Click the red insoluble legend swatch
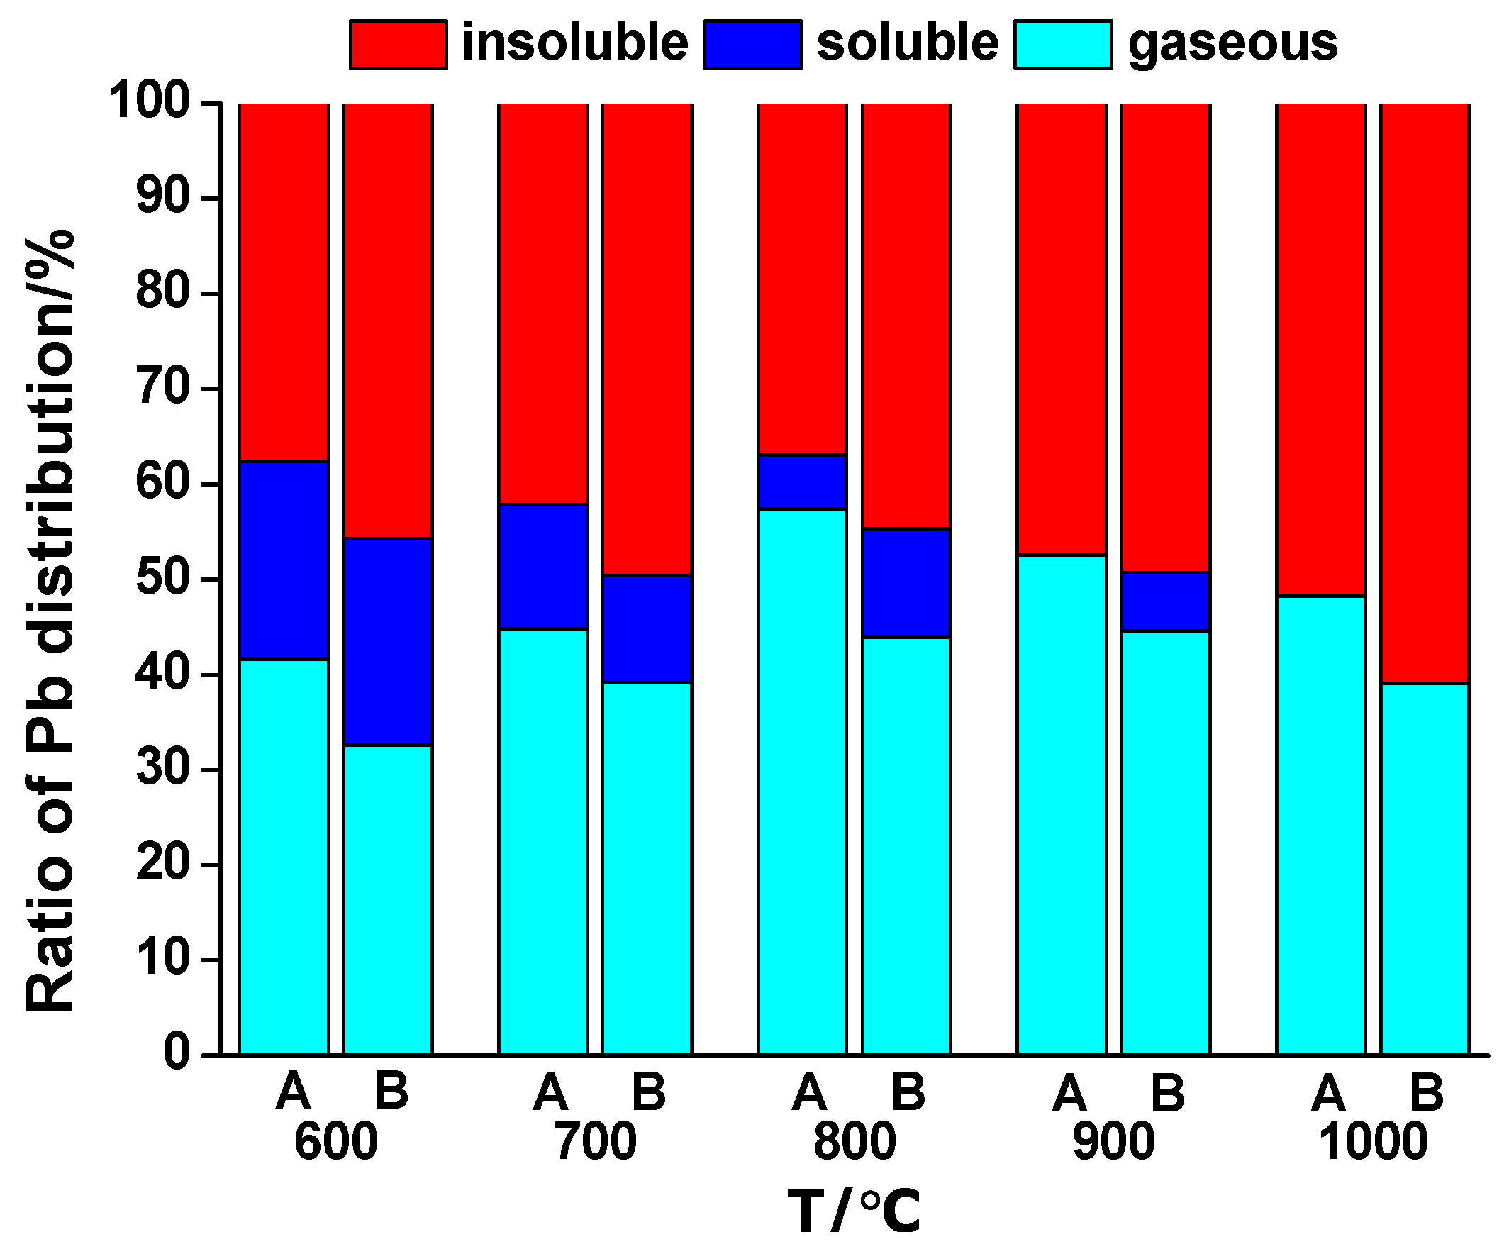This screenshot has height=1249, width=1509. pyautogui.click(x=398, y=45)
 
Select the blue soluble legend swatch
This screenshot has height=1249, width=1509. pyautogui.click(x=752, y=45)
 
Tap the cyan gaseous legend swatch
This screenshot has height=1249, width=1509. pyautogui.click(x=1063, y=45)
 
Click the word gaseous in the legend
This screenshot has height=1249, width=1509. pyautogui.click(x=1232, y=43)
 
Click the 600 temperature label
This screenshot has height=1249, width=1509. pyautogui.click(x=335, y=1140)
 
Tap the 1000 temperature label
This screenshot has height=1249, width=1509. pyautogui.click(x=1373, y=1140)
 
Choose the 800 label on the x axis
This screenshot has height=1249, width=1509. pyautogui.click(x=854, y=1140)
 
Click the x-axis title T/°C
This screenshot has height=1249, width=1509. pyautogui.click(x=854, y=1211)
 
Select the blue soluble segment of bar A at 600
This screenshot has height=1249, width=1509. pyautogui.click(x=284, y=560)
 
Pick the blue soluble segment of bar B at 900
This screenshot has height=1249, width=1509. pyautogui.click(x=1165, y=601)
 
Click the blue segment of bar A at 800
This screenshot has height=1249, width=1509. pyautogui.click(x=802, y=482)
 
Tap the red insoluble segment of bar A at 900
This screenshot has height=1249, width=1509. pyautogui.click(x=1062, y=328)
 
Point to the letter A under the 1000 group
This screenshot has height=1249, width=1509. pyautogui.click(x=1327, y=1092)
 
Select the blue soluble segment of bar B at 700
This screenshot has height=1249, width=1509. pyautogui.click(x=647, y=629)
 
